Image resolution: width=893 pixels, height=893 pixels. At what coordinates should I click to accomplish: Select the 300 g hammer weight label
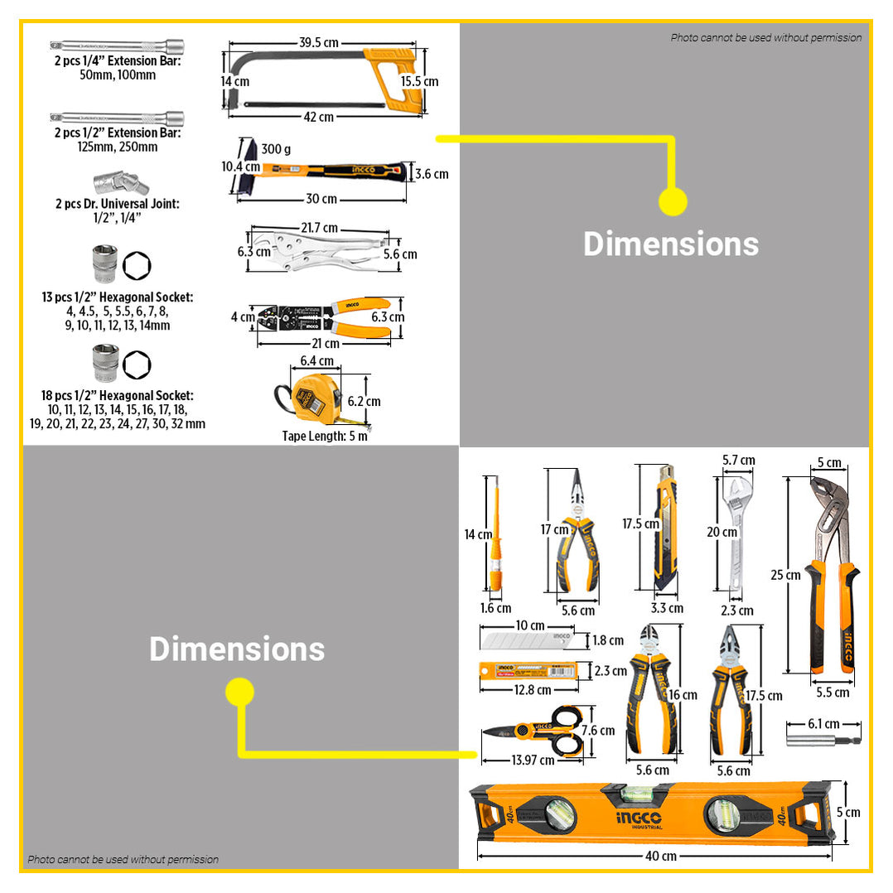pyautogui.click(x=275, y=150)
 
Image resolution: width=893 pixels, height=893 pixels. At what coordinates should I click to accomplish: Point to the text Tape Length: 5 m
pyautogui.click(x=325, y=436)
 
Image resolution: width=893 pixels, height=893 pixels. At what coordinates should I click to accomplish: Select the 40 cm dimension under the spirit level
pyautogui.click(x=659, y=856)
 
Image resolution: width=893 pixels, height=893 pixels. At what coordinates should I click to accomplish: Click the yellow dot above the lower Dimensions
pyautogui.click(x=239, y=692)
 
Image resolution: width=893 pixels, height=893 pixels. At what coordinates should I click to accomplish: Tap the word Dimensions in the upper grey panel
pyautogui.click(x=670, y=244)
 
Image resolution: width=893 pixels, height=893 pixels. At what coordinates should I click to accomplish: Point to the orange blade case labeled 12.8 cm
pyautogui.click(x=528, y=669)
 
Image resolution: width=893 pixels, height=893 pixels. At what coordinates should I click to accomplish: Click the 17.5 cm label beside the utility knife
pyautogui.click(x=640, y=524)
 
